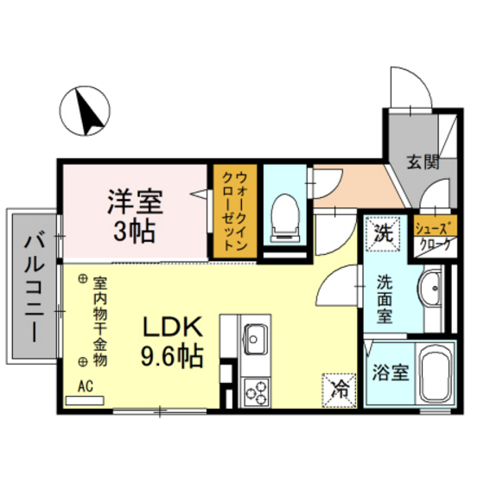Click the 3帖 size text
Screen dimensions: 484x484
[x=135, y=232]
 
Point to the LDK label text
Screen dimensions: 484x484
[x=172, y=328]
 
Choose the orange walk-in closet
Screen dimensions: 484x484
[x=234, y=212]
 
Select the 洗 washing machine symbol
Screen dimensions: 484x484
[x=382, y=232]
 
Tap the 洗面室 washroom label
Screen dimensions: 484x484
[x=384, y=297]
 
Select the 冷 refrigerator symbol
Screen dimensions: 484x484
[x=339, y=385]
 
